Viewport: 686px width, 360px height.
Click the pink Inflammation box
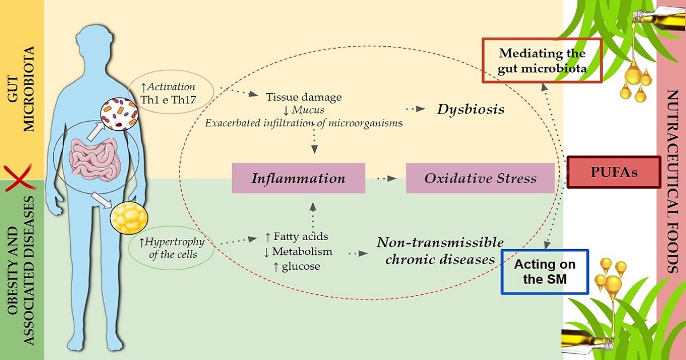point(298,178)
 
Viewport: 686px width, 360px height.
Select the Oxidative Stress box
point(480,178)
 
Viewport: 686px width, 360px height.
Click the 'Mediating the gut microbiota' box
point(542,61)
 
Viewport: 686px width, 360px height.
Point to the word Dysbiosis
point(470,109)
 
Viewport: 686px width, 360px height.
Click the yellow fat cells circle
point(129,219)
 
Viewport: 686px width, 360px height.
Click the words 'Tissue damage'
point(296,97)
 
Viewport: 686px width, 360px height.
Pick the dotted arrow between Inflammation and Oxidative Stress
point(386,178)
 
